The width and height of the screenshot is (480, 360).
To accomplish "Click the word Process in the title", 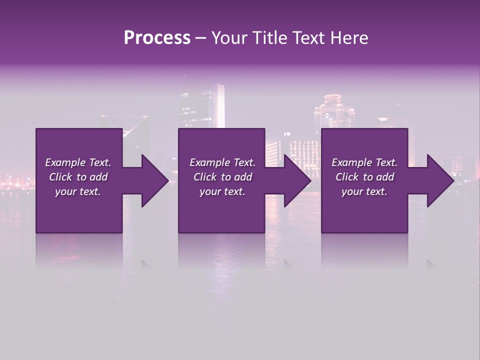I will (157, 38).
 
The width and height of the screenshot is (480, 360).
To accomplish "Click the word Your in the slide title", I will (228, 38).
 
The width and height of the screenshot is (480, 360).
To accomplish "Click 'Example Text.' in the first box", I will (78, 162).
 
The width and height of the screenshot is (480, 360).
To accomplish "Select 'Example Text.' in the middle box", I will (222, 162).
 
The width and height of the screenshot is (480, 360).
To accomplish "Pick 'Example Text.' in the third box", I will (364, 162).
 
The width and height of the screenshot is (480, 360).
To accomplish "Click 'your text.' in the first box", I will (78, 191).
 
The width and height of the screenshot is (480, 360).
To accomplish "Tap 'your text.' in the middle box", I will (222, 191).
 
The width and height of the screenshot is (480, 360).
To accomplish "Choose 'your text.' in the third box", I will (364, 191).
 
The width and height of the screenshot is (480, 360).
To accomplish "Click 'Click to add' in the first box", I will (78, 177).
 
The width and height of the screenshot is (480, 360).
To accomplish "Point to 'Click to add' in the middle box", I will (222, 177).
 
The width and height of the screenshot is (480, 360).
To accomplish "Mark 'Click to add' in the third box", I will (364, 177).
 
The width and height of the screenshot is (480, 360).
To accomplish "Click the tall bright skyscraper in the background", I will (219, 105).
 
